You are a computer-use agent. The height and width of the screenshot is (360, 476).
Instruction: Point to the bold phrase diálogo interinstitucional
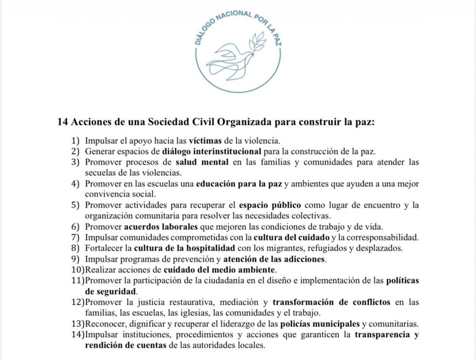212,152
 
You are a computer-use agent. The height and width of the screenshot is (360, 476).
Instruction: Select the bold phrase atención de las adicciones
275,259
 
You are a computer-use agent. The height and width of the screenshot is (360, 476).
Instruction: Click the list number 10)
76,269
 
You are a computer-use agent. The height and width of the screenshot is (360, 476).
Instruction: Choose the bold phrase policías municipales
323,323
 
